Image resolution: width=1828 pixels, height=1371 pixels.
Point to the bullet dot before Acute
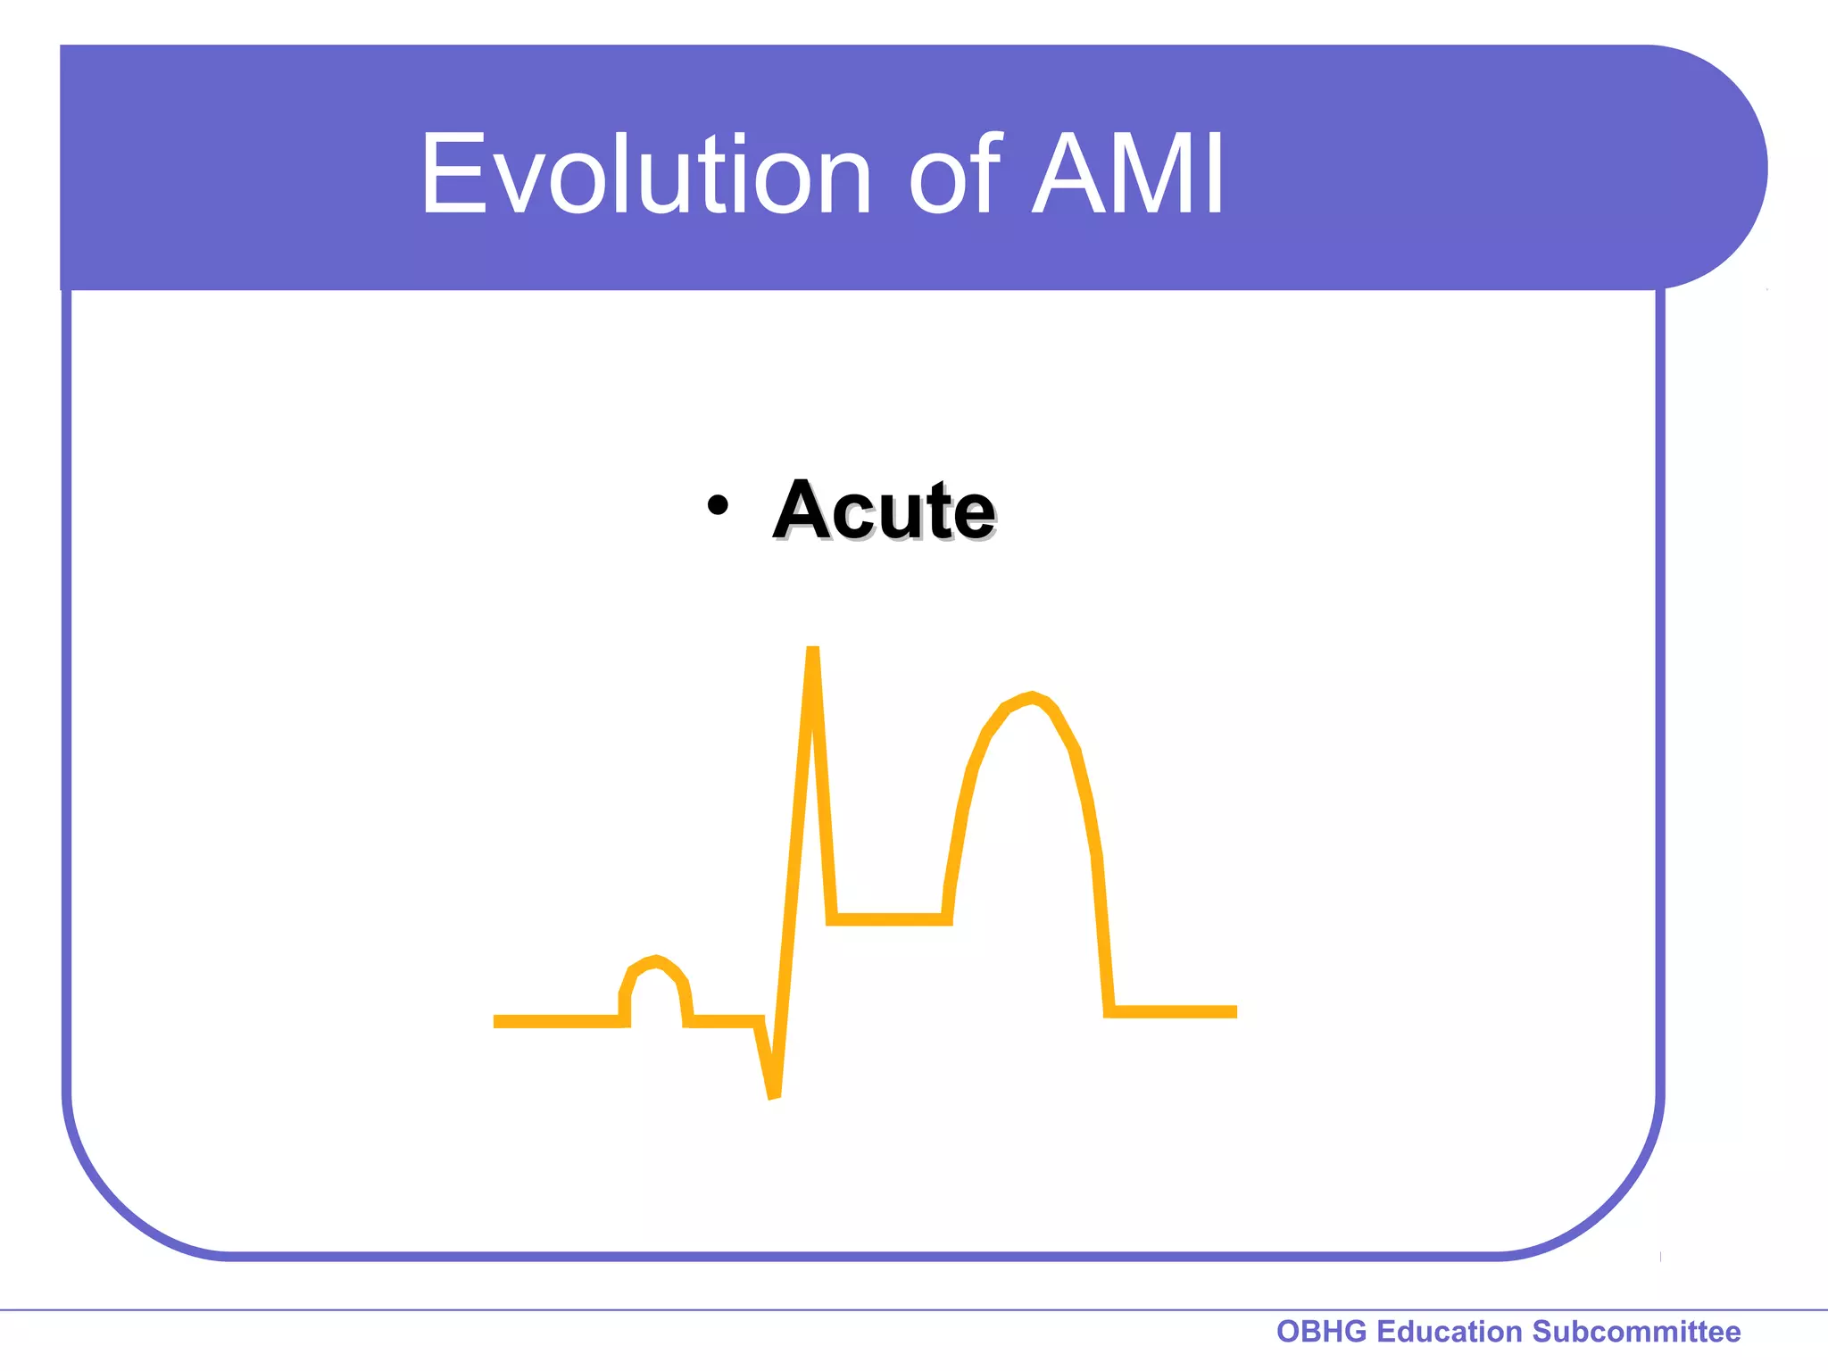[717, 506]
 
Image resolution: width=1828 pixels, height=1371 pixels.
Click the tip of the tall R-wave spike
[812, 650]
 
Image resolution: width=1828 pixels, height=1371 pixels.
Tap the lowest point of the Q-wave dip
[774, 1094]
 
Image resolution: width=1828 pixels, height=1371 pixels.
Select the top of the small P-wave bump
[657, 960]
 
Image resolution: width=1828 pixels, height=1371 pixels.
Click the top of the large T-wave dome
[1032, 697]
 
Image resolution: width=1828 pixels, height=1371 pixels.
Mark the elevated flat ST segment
[889, 919]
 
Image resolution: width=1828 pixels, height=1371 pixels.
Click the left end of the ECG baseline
[498, 1021]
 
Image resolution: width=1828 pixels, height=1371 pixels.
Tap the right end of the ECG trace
[1234, 1011]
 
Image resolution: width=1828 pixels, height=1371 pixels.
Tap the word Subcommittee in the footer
[1636, 1332]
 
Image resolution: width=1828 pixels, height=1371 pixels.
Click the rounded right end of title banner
[1723, 168]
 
